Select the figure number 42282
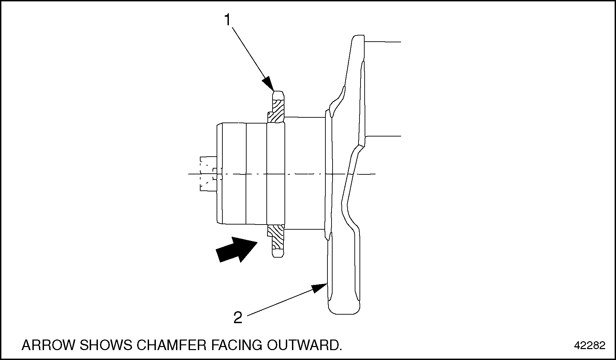tap(590, 346)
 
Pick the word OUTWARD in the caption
tap(304, 345)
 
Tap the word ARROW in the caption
tap(47, 345)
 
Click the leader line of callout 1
tap(249, 54)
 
